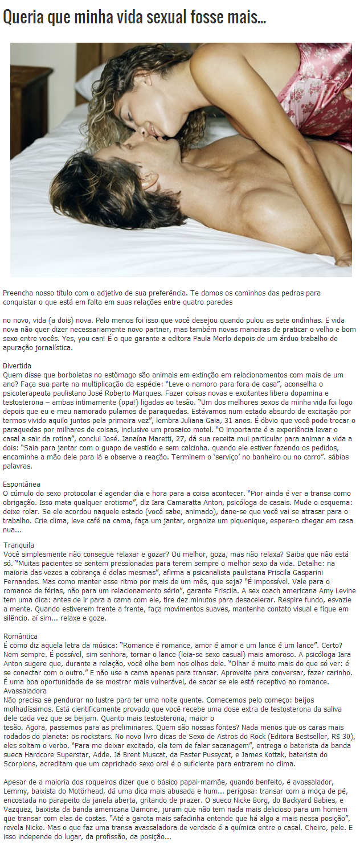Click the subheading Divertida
[17, 365]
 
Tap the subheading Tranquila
[19, 545]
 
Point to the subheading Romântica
[21, 636]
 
